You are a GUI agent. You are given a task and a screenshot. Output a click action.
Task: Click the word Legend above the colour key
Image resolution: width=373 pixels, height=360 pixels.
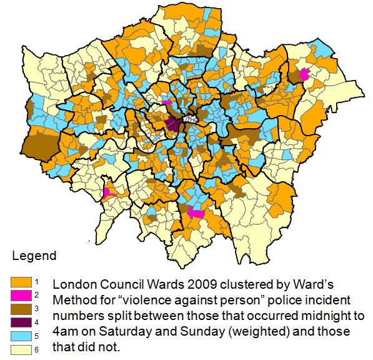click(34, 256)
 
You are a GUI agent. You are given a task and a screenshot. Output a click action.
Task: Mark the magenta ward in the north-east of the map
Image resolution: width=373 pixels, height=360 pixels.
click(305, 74)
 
